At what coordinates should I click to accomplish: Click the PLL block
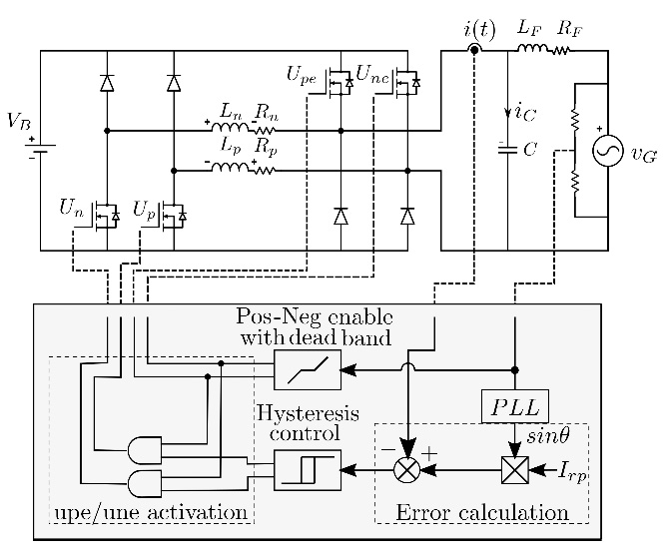pyautogui.click(x=515, y=406)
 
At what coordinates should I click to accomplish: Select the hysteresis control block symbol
pyautogui.click(x=307, y=469)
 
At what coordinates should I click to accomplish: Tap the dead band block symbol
pyautogui.click(x=307, y=369)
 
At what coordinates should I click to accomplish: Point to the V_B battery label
pyautogui.click(x=18, y=121)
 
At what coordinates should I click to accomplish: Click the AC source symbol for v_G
pyautogui.click(x=607, y=150)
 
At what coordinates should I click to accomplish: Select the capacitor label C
pyautogui.click(x=530, y=149)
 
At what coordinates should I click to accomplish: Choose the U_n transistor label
pyautogui.click(x=71, y=209)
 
